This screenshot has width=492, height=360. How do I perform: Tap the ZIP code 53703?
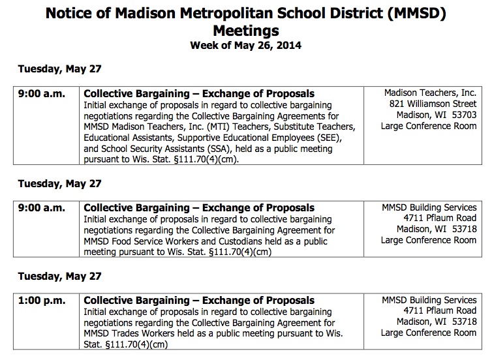click(x=463, y=115)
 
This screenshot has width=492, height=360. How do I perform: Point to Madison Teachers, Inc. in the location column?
click(x=431, y=93)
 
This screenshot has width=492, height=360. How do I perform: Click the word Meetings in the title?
click(x=245, y=30)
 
